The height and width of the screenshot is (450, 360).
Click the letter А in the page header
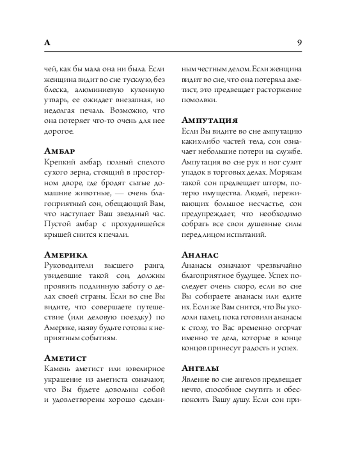(47, 43)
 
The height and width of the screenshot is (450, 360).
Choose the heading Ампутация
(209, 121)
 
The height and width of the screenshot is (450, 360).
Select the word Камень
(58, 369)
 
